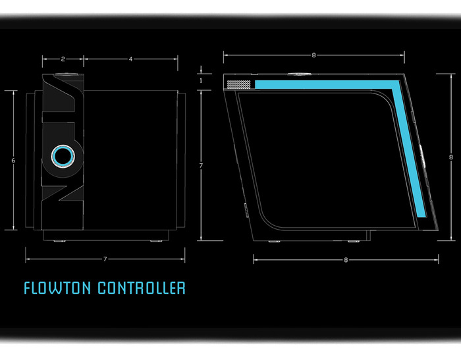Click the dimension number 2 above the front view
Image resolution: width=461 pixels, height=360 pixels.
tap(63, 59)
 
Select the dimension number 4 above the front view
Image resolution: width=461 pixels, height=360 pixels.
tap(130, 59)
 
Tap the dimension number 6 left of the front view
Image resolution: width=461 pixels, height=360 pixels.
tap(13, 161)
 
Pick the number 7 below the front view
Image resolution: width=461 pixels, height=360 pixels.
tap(105, 259)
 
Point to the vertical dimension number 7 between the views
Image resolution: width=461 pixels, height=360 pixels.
tap(200, 165)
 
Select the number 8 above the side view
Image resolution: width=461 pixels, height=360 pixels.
tap(313, 55)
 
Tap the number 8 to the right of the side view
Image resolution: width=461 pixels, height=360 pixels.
tap(450, 157)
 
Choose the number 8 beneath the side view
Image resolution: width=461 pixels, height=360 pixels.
tap(346, 260)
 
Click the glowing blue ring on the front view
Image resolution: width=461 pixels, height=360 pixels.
tap(63, 157)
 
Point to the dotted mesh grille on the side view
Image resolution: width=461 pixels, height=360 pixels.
tap(238, 84)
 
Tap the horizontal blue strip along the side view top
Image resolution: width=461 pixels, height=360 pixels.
tap(323, 84)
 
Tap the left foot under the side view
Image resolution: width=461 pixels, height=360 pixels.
tap(272, 242)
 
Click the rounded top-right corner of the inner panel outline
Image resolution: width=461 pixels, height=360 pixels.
tap(385, 99)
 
